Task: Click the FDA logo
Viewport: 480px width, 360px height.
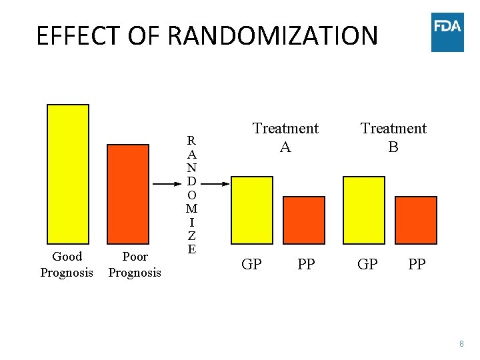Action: [447, 31]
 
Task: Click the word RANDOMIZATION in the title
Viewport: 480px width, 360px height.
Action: [273, 36]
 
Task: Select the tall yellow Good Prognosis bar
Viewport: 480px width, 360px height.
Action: [67, 175]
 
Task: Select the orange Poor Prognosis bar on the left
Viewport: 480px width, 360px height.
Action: [128, 194]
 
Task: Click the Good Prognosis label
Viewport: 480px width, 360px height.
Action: [67, 265]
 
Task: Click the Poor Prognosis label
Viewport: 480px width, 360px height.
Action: [135, 265]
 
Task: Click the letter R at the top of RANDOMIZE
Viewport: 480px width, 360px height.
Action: [191, 141]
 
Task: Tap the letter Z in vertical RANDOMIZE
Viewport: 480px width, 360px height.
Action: [191, 236]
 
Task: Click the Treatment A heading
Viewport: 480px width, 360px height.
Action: [285, 137]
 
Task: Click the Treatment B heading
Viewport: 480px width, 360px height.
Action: [393, 137]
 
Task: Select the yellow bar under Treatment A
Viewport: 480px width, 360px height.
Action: [251, 211]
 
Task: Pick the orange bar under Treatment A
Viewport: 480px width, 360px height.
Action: [304, 221]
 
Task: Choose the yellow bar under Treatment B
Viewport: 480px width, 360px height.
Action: [363, 211]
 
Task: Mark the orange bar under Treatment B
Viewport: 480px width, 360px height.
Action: [416, 221]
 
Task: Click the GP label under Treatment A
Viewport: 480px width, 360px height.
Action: [251, 265]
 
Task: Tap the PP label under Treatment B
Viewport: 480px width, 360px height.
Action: [417, 265]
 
